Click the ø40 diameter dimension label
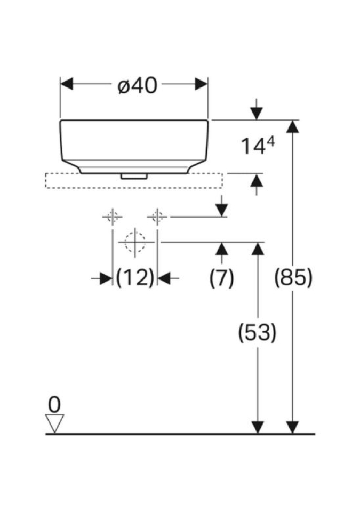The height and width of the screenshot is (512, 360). pos(138,85)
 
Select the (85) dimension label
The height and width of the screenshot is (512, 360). pos(293,277)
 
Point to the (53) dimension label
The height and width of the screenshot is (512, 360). pos(257,333)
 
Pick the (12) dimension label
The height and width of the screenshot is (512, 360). pos(135,277)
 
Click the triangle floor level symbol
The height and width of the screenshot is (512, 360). pos(55,423)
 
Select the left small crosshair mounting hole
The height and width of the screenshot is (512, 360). pos(112,217)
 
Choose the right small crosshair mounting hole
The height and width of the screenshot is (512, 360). pos(157,217)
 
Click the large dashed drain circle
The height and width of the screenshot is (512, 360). pos(135,242)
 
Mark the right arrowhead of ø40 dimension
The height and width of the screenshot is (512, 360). pos(202,84)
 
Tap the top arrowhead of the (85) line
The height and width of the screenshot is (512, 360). pos(292,127)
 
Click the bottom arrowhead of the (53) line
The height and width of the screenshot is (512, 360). pos(258,427)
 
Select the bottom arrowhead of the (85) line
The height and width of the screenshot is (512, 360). pos(292,427)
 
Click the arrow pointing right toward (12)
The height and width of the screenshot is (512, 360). pos(105,278)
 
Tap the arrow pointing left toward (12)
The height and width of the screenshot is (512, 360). pos(165,278)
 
